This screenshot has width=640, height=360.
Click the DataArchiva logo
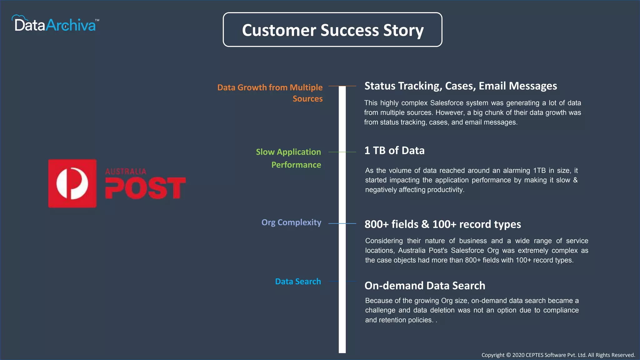55,24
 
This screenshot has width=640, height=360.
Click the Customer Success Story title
332,30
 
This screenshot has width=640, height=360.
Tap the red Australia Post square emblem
72,183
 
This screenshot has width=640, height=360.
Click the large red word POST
145,188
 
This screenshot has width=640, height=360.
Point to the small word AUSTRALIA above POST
126,171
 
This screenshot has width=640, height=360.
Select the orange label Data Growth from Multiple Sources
270,93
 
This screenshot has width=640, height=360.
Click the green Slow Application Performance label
288,158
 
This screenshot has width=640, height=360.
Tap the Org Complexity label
291,222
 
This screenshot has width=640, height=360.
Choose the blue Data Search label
298,282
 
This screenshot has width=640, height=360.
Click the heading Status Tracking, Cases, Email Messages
461,86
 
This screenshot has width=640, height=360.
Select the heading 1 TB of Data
394,151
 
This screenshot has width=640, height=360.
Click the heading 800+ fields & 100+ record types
442,224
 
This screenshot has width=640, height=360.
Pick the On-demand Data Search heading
425,286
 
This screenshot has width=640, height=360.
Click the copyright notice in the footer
558,355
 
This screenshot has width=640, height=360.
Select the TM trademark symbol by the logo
97,20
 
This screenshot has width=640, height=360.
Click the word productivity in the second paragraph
445,190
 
